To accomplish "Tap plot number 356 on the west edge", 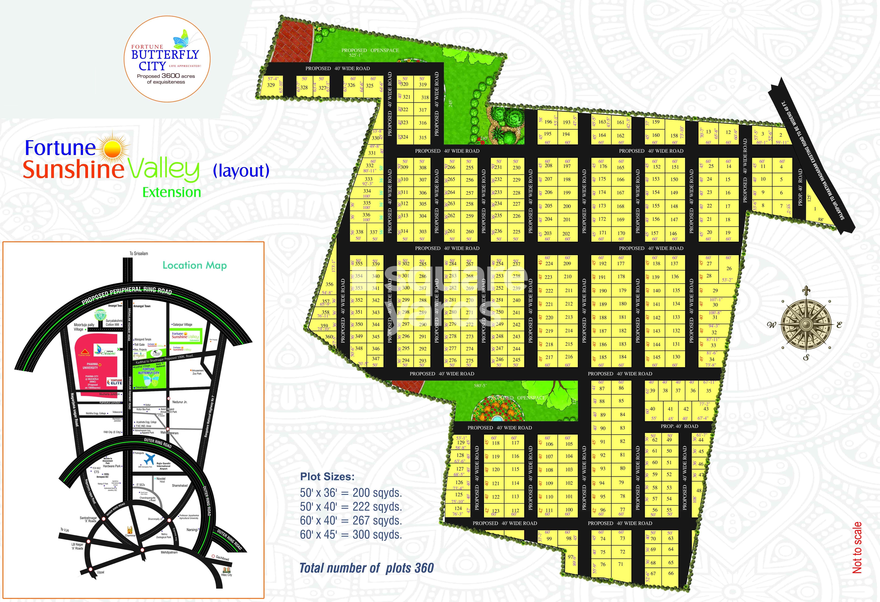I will [329, 284].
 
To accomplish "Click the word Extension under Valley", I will [172, 192].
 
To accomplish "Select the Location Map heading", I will [195, 265].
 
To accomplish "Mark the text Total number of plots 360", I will [367, 568].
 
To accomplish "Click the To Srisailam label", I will [139, 253].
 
